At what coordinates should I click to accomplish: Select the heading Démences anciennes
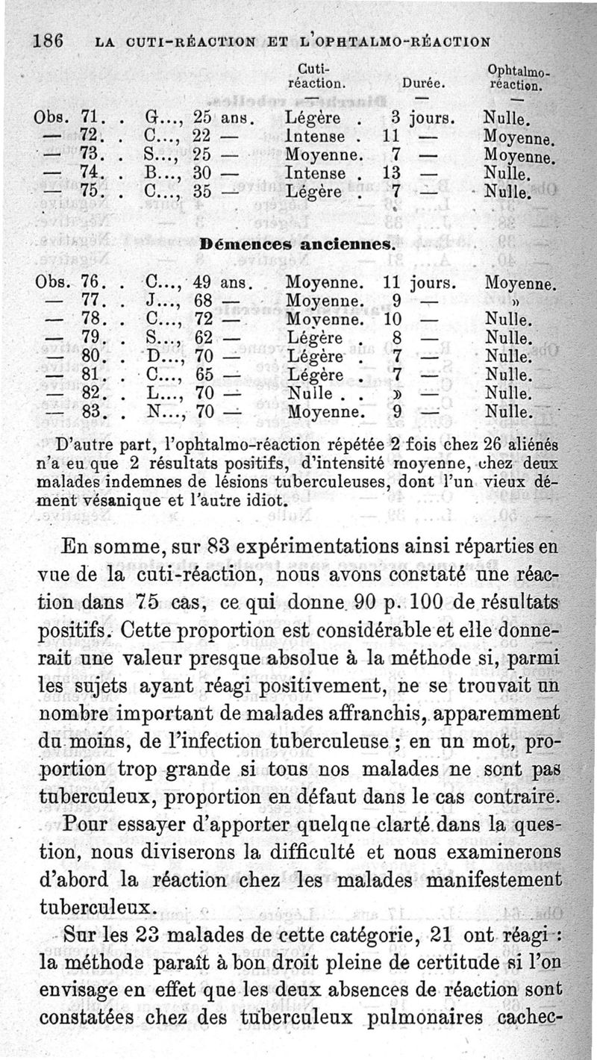pos(297,243)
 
